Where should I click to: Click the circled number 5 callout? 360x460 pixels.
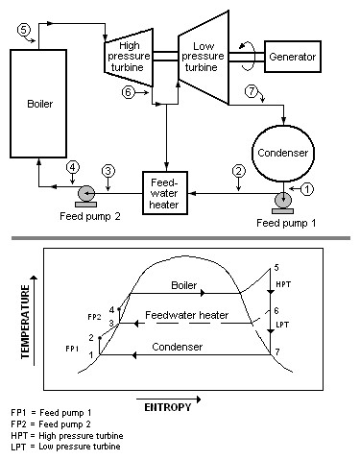coord(25,30)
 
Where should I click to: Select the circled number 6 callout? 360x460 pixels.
coord(129,92)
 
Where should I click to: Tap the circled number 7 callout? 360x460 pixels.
coord(252,91)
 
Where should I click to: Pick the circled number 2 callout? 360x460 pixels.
coord(238,172)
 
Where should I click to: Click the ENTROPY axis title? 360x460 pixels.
coord(171,407)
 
